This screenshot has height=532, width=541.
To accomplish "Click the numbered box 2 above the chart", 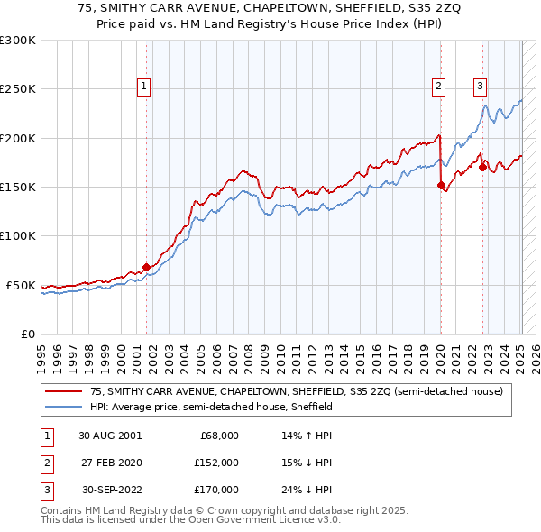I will click(x=438, y=87).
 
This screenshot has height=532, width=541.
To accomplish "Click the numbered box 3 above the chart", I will click(x=480, y=87).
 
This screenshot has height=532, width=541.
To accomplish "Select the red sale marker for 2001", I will click(x=146, y=267).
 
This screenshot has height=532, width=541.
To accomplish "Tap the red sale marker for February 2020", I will click(x=441, y=185).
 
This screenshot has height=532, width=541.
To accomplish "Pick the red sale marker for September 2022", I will click(x=482, y=167).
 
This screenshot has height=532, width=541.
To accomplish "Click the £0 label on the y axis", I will click(x=27, y=334).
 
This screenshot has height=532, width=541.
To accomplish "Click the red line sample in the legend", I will click(x=64, y=391).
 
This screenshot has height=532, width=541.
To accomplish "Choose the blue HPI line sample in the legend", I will click(x=64, y=407).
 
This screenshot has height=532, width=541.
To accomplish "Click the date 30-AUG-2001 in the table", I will click(x=110, y=435).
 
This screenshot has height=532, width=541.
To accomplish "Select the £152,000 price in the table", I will click(x=216, y=462).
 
